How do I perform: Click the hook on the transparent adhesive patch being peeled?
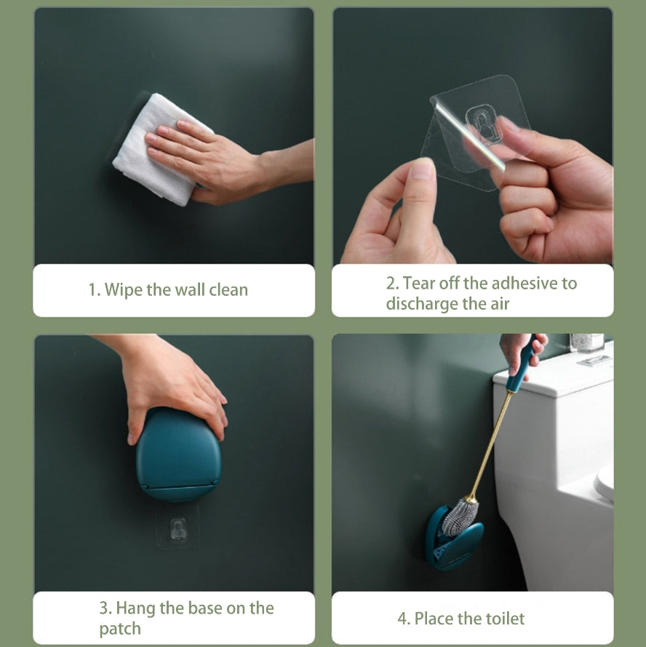(483, 124)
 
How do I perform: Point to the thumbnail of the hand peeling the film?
(421, 169)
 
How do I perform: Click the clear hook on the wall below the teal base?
(178, 529)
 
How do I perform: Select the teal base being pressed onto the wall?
(178, 454)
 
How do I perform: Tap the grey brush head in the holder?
(460, 518)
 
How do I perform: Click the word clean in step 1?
(228, 289)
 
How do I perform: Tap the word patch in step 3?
(120, 629)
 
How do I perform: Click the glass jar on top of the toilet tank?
(586, 342)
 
